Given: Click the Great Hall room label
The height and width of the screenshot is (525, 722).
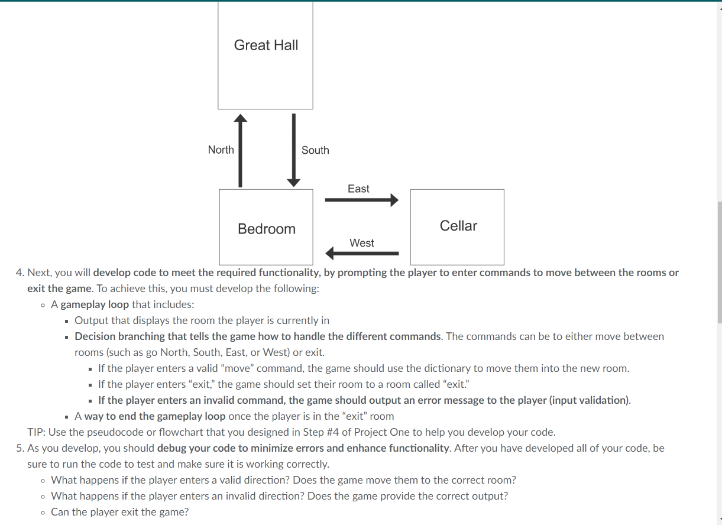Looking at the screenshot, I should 266,45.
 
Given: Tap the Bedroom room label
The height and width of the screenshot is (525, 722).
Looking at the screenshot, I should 267,229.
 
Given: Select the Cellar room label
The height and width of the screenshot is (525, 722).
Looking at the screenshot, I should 458,226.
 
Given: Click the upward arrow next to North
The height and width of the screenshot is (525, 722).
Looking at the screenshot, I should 240,150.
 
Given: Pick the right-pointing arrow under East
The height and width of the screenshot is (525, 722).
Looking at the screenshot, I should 361,200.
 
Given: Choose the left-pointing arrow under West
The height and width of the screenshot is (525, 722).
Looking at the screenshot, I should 362,254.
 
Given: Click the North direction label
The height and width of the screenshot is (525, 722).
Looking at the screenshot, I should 221,150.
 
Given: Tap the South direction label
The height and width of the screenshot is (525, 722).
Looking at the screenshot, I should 315,150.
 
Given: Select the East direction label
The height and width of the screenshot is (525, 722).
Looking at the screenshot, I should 358,189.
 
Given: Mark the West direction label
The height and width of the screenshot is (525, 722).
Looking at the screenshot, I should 362,243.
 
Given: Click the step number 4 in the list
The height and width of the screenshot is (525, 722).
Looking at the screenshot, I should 21,273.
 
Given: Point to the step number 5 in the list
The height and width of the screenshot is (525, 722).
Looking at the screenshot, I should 21,448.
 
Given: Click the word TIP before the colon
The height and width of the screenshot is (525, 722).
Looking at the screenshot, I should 36,432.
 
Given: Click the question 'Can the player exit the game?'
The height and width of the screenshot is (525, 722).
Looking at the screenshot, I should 120,512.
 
